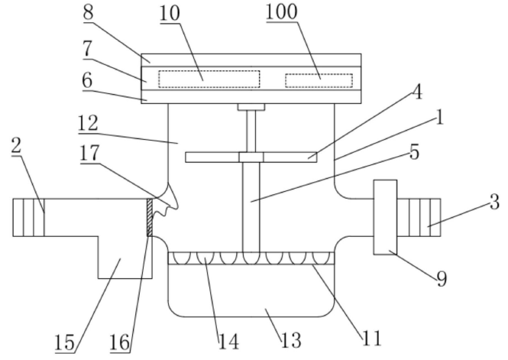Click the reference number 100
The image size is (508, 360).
tap(281, 12)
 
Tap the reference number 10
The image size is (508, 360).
tap(170, 14)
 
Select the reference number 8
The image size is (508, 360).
tap(88, 12)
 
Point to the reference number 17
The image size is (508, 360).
tap(89, 153)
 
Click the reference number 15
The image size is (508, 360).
tap(64, 342)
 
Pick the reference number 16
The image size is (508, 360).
tap(119, 342)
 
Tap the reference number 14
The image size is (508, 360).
tap(229, 342)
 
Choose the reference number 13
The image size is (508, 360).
tap(291, 340)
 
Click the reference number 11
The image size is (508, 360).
tap(371, 338)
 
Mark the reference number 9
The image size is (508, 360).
tap(442, 278)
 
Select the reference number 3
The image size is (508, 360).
tap(494, 203)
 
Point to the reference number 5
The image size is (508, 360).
tap(414, 152)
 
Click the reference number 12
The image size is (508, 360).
tap(88, 123)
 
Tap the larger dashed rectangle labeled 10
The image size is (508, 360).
tap(209, 79)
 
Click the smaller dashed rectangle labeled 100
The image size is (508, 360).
tap(319, 80)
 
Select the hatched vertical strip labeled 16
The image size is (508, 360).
tap(150, 217)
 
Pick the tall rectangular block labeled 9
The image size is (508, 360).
tap(385, 217)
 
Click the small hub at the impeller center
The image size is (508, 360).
tap(251, 157)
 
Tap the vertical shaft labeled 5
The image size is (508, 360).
tap(251, 207)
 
